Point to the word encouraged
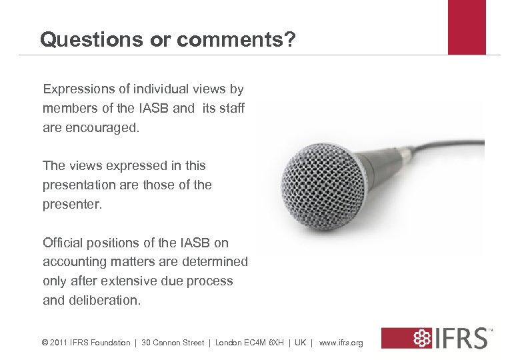102,127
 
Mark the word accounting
77,262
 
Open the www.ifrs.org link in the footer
341,343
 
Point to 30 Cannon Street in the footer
173,343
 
